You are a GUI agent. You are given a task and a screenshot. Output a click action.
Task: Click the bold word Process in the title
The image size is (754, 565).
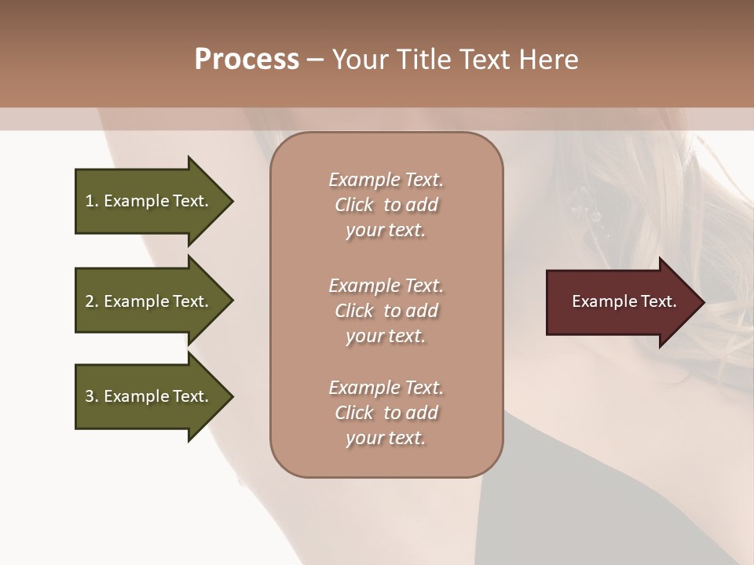(x=247, y=60)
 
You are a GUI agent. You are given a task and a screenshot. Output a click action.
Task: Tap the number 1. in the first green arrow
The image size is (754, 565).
(x=92, y=201)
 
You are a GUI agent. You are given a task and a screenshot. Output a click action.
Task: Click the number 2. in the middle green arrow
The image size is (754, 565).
(x=92, y=301)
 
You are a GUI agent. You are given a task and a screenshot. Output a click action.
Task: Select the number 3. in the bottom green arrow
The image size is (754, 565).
(x=92, y=396)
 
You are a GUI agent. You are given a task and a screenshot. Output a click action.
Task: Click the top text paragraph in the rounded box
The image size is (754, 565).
(x=386, y=205)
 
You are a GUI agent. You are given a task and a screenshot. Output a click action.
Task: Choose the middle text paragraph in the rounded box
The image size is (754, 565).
(x=386, y=311)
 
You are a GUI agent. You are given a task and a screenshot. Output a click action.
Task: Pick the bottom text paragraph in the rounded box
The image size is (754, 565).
(x=386, y=413)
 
